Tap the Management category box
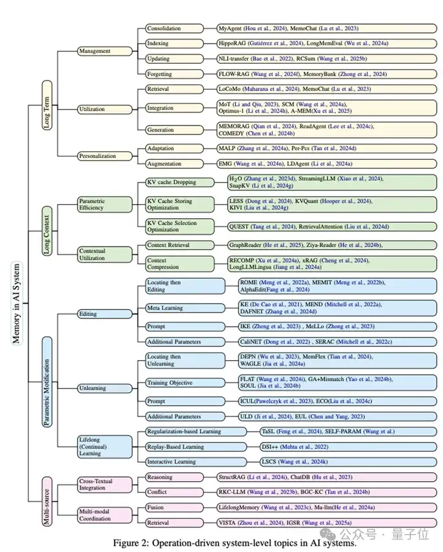(104, 51)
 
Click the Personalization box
(105, 156)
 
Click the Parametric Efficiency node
(105, 205)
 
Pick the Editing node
(105, 313)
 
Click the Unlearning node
(105, 388)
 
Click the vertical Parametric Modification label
(47, 381)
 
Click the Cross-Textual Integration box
(105, 484)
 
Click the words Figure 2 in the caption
(131, 543)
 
